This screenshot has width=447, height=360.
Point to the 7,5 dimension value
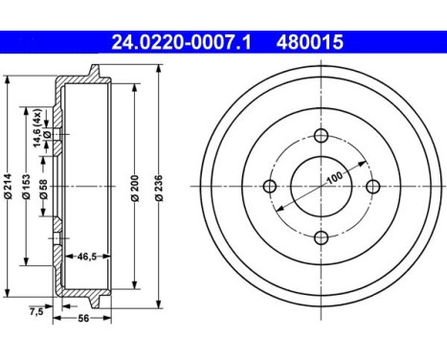36,312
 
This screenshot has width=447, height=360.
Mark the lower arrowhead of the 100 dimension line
278,211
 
